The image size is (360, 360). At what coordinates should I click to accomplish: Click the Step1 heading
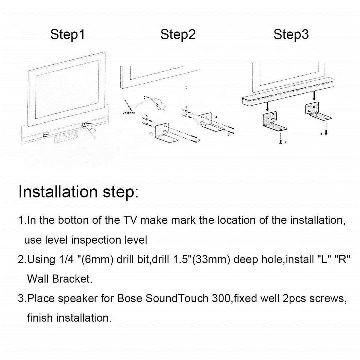[68, 35]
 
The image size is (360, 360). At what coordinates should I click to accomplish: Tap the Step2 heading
[178, 35]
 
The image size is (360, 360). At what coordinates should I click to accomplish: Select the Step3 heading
[291, 35]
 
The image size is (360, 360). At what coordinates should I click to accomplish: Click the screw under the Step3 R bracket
[325, 133]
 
